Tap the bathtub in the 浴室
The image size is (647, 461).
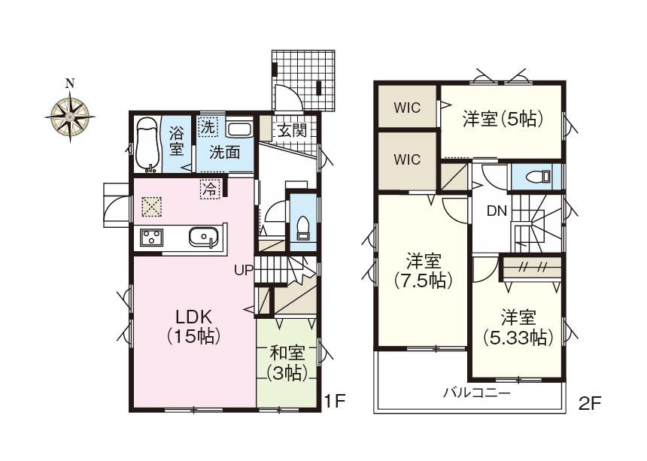point(148,144)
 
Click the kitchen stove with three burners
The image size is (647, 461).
point(150,238)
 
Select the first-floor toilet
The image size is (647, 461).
point(303,225)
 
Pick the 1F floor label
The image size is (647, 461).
point(335,402)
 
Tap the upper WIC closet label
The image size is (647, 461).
point(407,107)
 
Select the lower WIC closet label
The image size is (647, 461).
point(407,159)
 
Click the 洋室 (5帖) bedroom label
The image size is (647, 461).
point(503,118)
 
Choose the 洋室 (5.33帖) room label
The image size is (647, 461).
point(518,326)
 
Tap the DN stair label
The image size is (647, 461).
point(496,211)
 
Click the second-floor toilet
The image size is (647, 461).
point(536,177)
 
